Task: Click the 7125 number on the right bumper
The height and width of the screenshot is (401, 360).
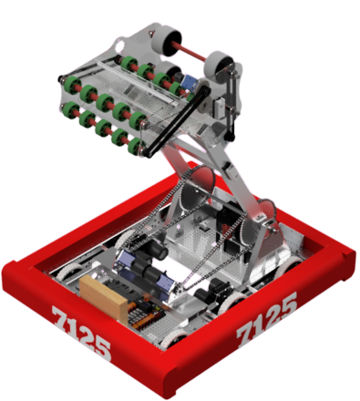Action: tap(266, 320)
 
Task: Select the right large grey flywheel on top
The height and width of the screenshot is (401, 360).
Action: tap(218, 66)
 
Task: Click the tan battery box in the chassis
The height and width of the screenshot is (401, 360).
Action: tap(105, 293)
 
